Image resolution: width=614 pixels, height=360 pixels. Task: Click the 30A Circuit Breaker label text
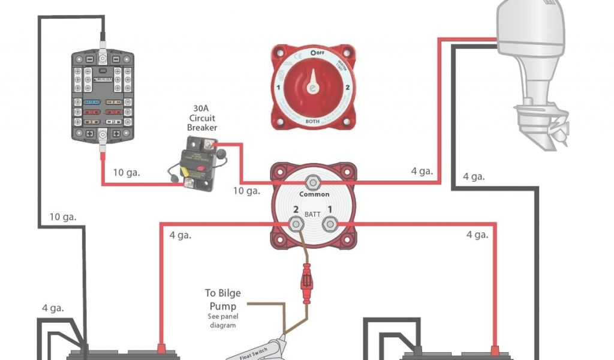[x=202, y=118]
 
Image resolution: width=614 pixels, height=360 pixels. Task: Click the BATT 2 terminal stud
[x=296, y=224]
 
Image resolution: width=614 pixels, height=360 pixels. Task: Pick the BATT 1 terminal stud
[x=329, y=224]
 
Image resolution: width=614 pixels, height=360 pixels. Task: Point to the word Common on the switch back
[x=314, y=194]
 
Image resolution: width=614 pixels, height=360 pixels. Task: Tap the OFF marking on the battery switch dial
[x=318, y=53]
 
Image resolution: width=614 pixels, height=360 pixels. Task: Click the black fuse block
[x=103, y=96]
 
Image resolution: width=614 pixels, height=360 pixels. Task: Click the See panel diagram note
[x=223, y=320]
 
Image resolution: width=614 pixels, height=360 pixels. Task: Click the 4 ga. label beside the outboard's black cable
[x=474, y=177]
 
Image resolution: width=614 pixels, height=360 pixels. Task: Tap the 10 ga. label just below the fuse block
[x=127, y=173]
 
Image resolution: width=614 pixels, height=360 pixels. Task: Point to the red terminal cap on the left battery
[x=161, y=349]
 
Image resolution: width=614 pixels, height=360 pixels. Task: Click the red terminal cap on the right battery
[x=495, y=349]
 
